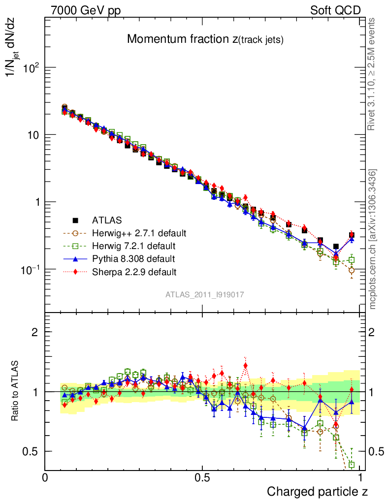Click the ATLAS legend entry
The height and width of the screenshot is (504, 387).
(106, 220)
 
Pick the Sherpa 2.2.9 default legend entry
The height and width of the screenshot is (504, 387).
(134, 271)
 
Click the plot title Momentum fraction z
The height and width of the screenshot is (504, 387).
(205, 39)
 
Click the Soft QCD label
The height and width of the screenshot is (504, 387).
(335, 10)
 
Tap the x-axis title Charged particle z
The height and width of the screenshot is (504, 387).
(317, 491)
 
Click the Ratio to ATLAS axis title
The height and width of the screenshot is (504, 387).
(15, 392)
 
